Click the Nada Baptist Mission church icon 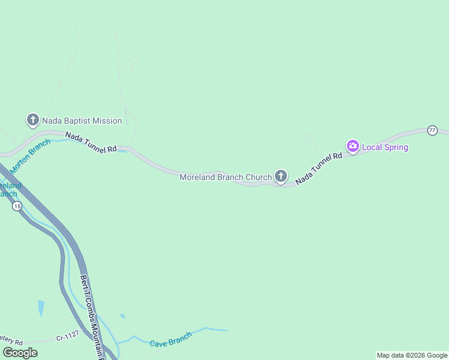point(32,120)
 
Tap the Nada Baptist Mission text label point(82,121)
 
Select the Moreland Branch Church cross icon point(280,176)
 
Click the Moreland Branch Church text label point(226,177)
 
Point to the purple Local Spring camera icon point(353,146)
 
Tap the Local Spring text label point(385,147)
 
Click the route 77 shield point(432,130)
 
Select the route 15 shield point(17,206)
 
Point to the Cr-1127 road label point(68,337)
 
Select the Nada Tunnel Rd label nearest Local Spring point(319,164)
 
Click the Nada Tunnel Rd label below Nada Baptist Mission point(91,143)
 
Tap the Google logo point(20,353)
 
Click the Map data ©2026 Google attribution point(412,355)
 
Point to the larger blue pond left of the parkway point(40,308)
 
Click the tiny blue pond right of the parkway point(122,316)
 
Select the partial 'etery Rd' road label point(11,340)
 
